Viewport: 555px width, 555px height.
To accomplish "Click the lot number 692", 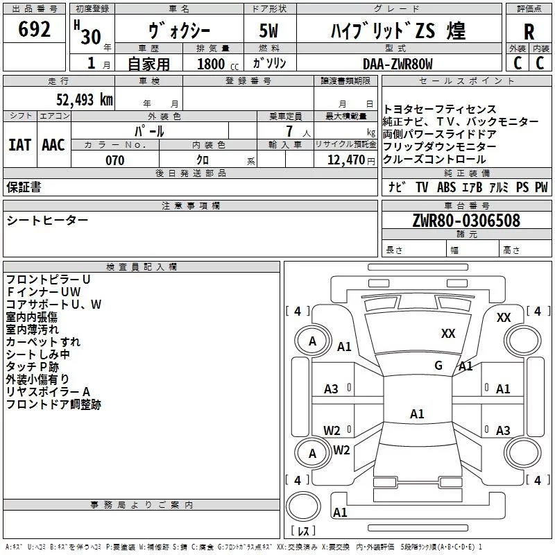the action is point(35,30).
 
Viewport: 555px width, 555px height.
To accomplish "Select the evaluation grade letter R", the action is point(529,32).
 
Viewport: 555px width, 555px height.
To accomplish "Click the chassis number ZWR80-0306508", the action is point(466,221).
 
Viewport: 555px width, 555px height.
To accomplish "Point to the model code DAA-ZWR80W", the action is point(398,64).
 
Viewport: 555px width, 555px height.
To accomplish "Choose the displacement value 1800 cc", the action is point(214,65).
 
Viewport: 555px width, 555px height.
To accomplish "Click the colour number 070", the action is point(115,160).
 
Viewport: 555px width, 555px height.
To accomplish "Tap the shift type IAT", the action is point(19,145).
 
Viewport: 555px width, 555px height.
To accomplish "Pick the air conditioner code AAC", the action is point(53,145).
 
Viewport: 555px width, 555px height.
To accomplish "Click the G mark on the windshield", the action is point(438,365).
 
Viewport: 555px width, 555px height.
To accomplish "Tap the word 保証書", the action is point(24,187).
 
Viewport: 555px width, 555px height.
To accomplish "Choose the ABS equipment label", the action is point(447,187).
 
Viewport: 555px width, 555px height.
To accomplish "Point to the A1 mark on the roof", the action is point(417,414).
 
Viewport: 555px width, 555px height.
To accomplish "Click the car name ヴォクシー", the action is point(180,31).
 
